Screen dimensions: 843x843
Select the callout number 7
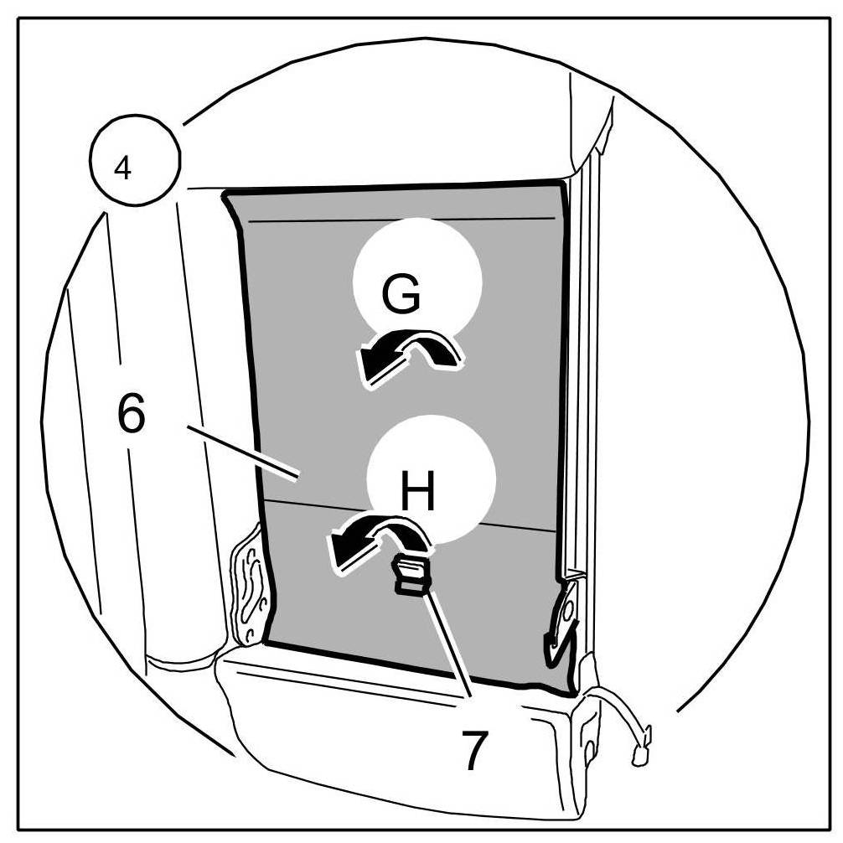pos(474,748)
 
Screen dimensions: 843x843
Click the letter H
pos(418,493)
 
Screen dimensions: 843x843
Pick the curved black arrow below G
pos(408,357)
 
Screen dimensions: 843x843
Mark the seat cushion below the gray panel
pos(394,737)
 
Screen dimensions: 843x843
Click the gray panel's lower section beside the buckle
pos(494,603)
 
